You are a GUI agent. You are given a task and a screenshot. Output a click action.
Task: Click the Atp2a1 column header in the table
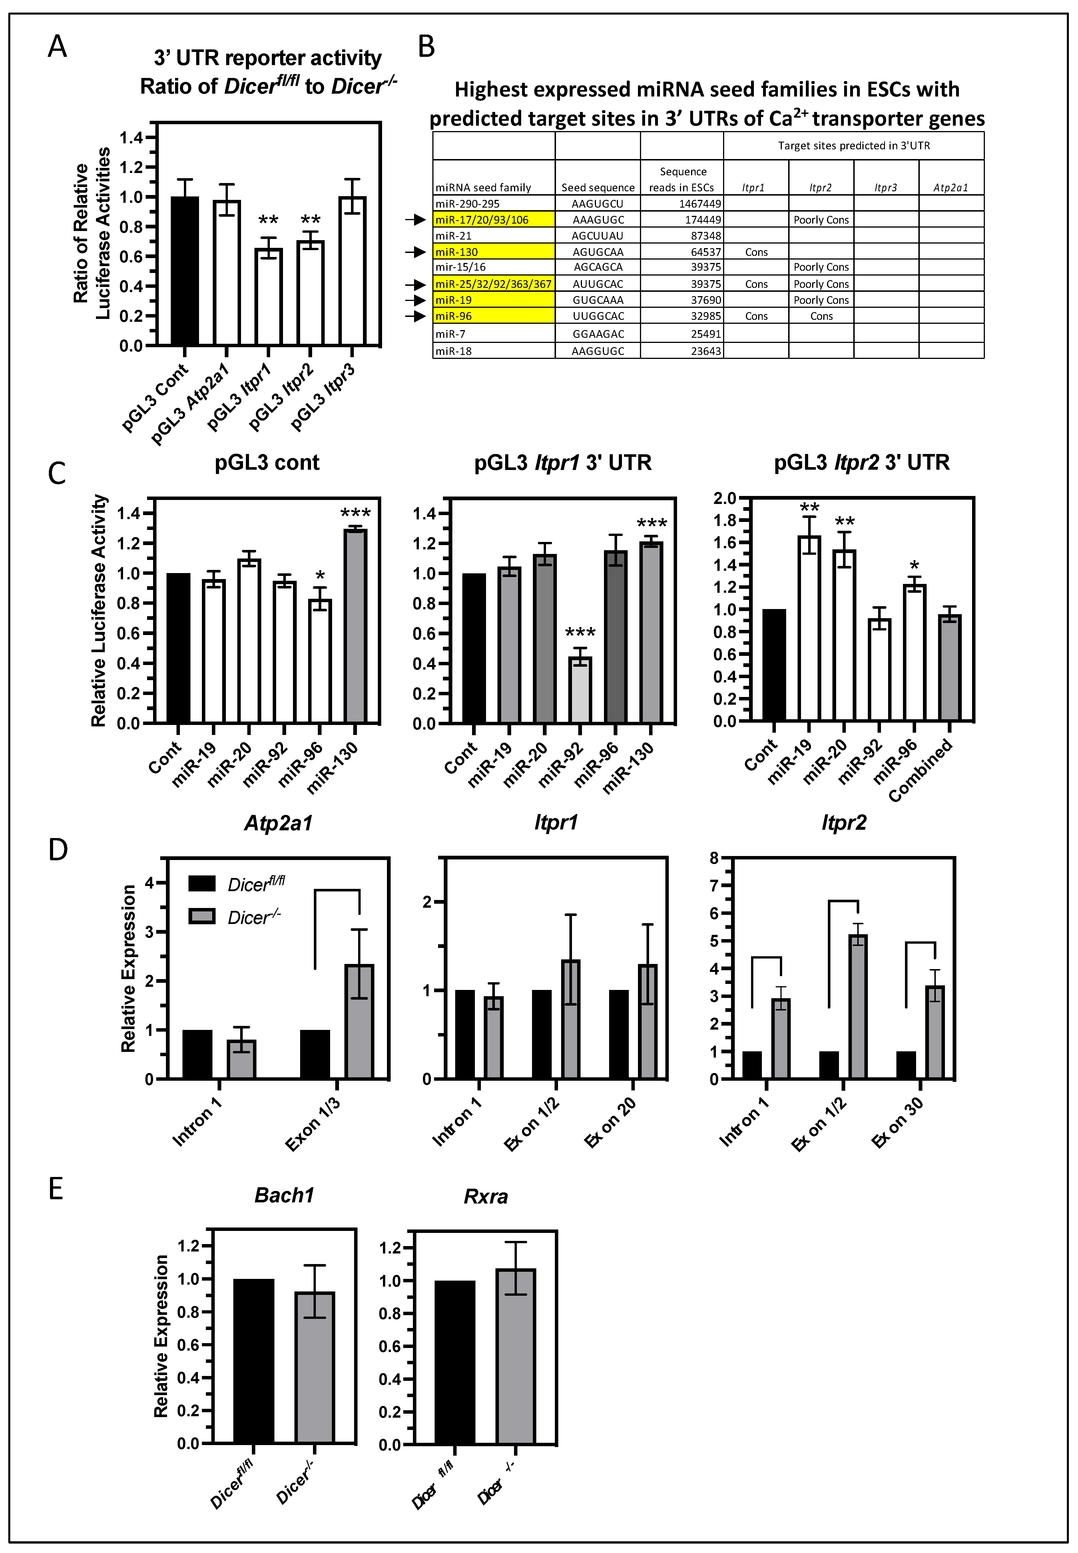pyautogui.click(x=950, y=188)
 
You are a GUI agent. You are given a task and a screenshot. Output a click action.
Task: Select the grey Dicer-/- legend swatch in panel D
pyautogui.click(x=202, y=916)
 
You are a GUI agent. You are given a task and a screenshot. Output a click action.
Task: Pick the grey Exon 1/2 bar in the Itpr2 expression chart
pyautogui.click(x=858, y=1006)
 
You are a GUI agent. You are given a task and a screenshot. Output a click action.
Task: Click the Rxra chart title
pyautogui.click(x=486, y=1196)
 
